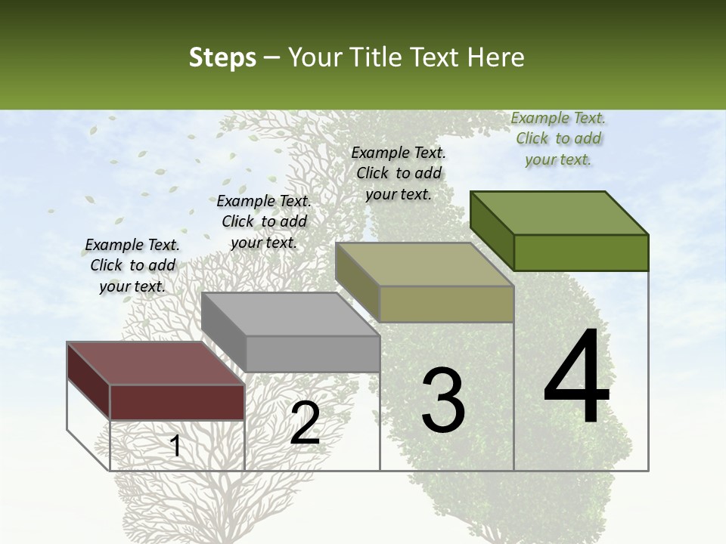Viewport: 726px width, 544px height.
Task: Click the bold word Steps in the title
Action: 222,57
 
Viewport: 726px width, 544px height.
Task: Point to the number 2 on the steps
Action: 305,423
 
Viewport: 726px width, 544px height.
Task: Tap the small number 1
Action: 175,446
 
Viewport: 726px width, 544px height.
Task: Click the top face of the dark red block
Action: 155,363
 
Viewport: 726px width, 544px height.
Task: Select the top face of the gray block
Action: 290,314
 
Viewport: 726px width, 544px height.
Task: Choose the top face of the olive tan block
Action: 423,264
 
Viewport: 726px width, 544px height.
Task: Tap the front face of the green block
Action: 581,252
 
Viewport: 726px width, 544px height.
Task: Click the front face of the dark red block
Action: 177,402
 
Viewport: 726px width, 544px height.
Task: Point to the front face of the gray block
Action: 312,354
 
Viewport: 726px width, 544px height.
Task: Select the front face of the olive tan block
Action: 446,304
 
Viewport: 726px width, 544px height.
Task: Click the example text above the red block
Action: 132,265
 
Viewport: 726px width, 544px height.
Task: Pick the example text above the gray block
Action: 264,221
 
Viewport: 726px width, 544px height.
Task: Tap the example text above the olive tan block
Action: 399,173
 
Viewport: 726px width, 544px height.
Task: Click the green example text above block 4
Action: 558,138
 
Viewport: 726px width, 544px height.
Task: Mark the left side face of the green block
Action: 492,230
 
